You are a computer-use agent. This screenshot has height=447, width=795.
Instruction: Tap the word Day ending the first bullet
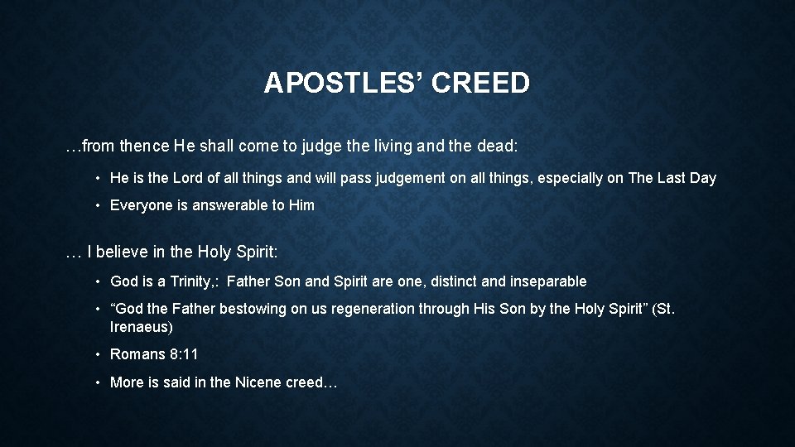(x=702, y=178)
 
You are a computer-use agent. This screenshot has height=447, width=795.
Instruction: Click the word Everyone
(x=141, y=205)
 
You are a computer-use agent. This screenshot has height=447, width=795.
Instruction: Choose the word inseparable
(x=548, y=281)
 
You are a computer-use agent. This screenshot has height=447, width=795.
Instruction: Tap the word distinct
(x=453, y=281)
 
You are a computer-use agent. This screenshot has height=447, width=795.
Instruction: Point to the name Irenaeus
(x=141, y=327)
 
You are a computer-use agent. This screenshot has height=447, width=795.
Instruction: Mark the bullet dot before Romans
(x=98, y=354)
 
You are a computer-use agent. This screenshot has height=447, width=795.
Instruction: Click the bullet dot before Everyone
(x=98, y=205)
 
